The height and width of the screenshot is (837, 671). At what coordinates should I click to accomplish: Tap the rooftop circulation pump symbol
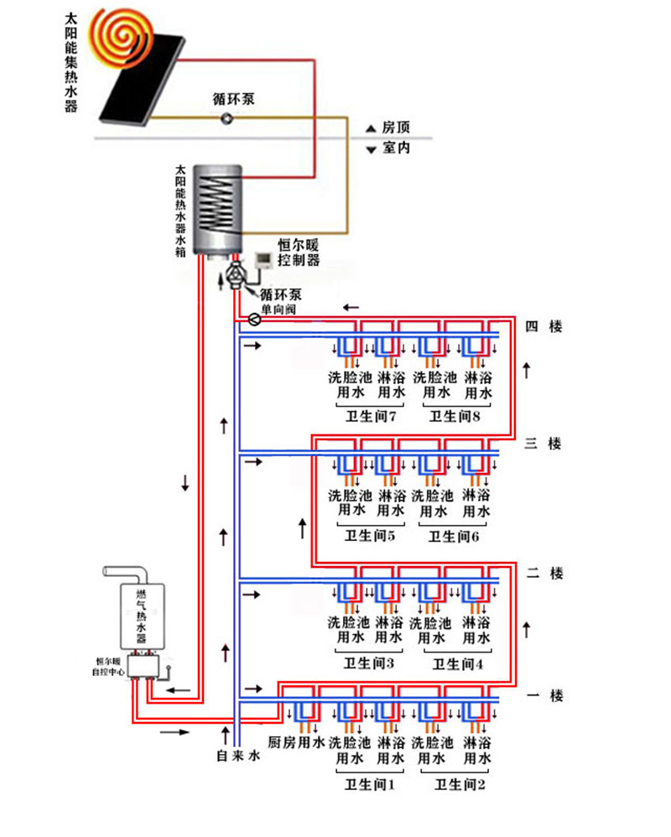(227, 119)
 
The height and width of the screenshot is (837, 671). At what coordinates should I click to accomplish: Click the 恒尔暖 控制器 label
(299, 252)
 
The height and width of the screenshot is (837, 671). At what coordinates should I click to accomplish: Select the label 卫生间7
(370, 416)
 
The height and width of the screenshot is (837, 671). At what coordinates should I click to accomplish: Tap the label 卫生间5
(370, 536)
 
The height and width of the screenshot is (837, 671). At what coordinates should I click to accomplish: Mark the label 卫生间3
(369, 663)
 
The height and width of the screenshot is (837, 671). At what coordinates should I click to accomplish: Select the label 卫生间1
(369, 785)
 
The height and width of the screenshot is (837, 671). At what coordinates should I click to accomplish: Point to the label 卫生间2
(458, 785)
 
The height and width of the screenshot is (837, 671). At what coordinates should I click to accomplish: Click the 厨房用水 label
(296, 743)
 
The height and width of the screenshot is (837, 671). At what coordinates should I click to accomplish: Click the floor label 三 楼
(544, 443)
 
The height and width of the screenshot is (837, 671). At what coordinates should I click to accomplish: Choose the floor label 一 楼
(544, 695)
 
